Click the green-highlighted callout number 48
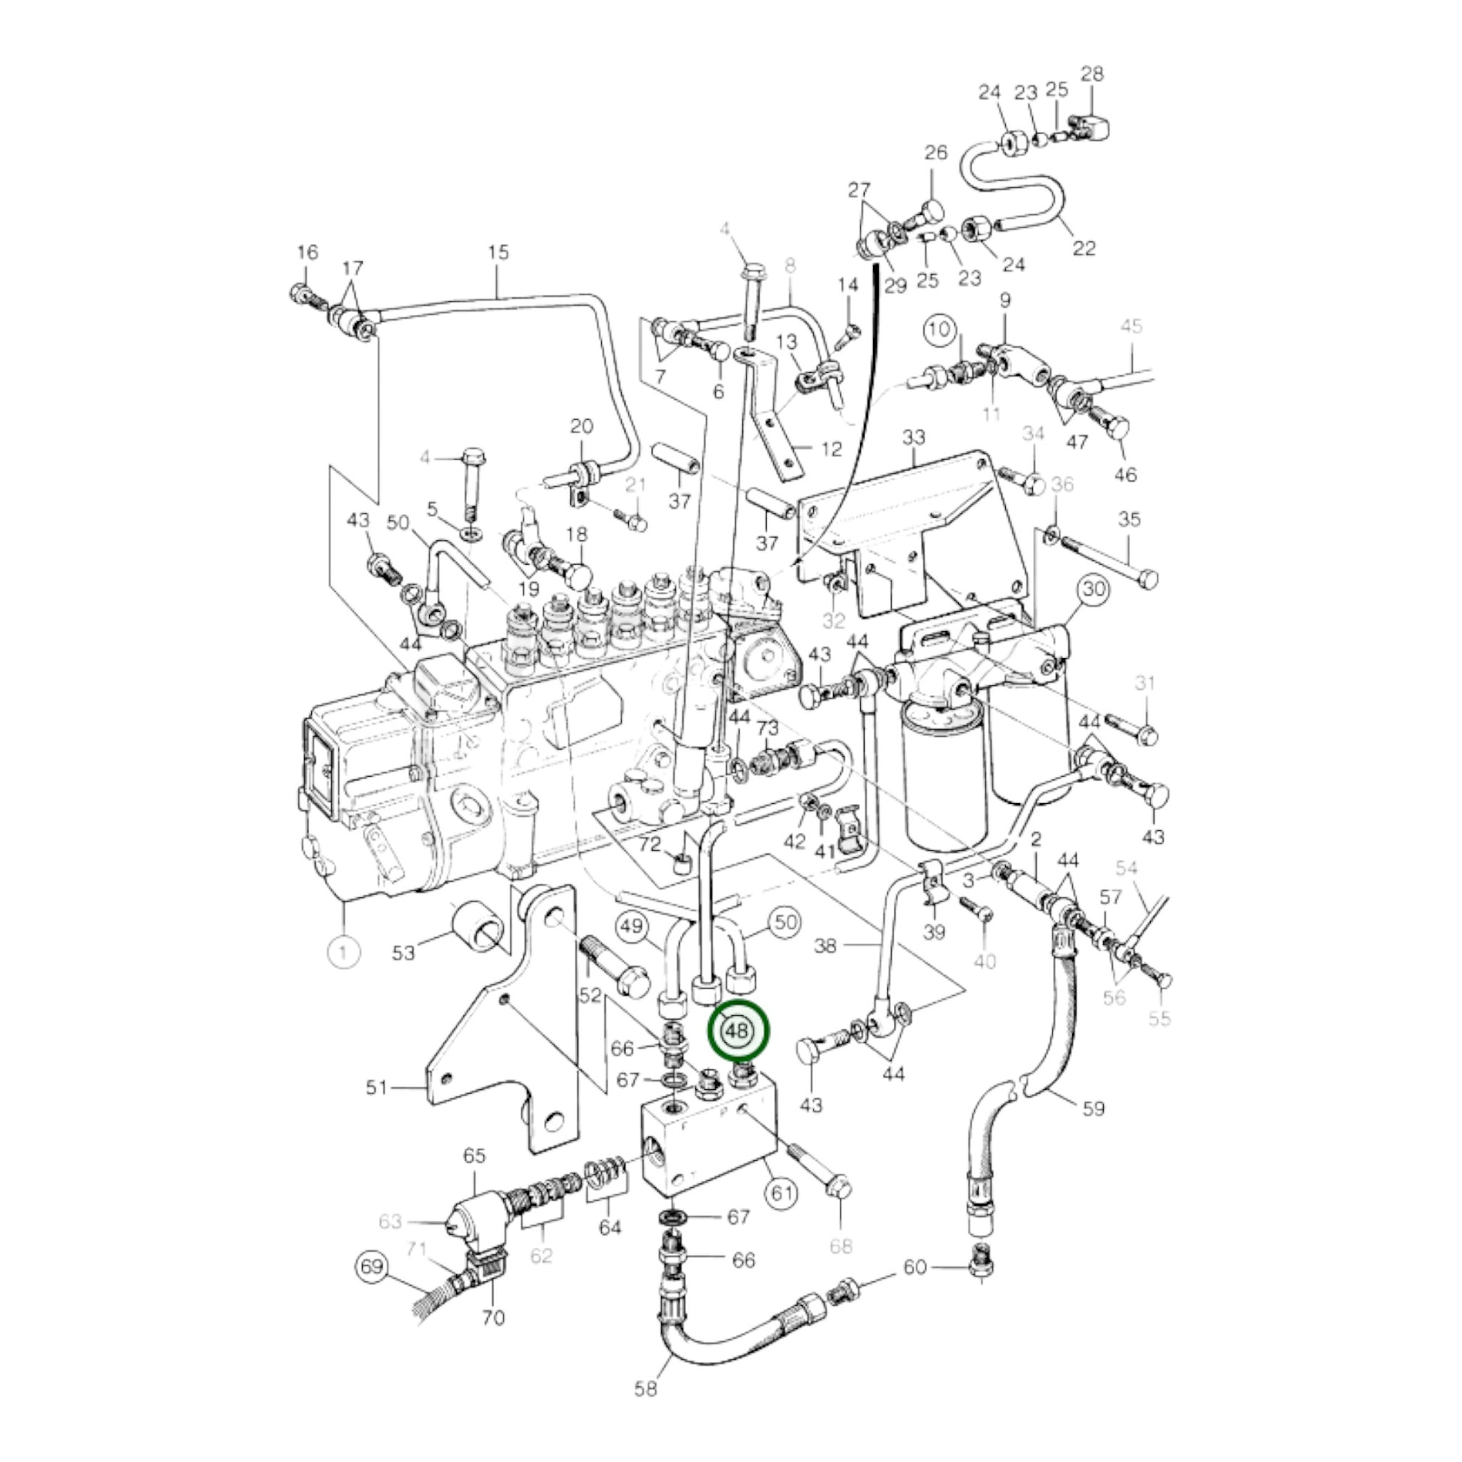pos(737,1031)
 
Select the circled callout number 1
pos(343,951)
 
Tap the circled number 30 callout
pos(1093,590)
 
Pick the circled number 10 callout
pos(938,329)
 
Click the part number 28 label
pos(1092,74)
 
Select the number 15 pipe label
pos(499,252)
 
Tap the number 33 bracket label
pos(914,437)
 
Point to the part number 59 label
pos(1093,1109)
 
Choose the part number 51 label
pos(376,1088)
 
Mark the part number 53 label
pos(403,951)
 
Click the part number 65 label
pos(475,1155)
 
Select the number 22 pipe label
pos(1083,248)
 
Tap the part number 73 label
pos(767,728)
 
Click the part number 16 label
pos(307,252)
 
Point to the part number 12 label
pos(831,449)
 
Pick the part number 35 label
pos(1129,520)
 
